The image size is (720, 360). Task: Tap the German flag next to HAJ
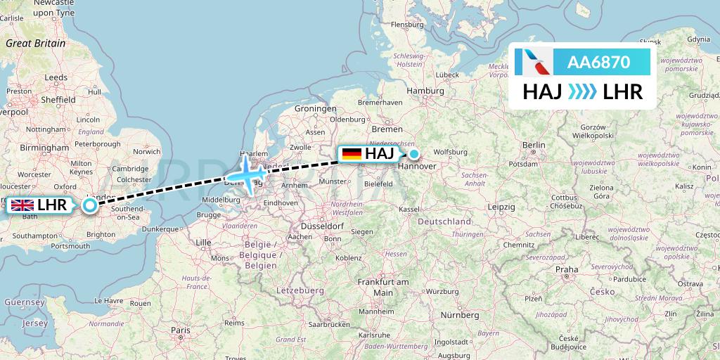[351, 153]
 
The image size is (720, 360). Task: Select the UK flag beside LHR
[22, 205]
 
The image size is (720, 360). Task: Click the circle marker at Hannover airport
[414, 154]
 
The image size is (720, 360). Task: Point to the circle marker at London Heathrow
[90, 205]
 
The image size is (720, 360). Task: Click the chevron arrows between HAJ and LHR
[582, 91]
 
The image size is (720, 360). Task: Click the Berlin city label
[534, 145]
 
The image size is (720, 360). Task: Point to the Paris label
[181, 329]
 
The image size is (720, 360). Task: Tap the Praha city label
[566, 269]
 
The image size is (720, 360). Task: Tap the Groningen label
[315, 108]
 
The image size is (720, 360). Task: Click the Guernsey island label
[25, 302]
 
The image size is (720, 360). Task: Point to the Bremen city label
[387, 129]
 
